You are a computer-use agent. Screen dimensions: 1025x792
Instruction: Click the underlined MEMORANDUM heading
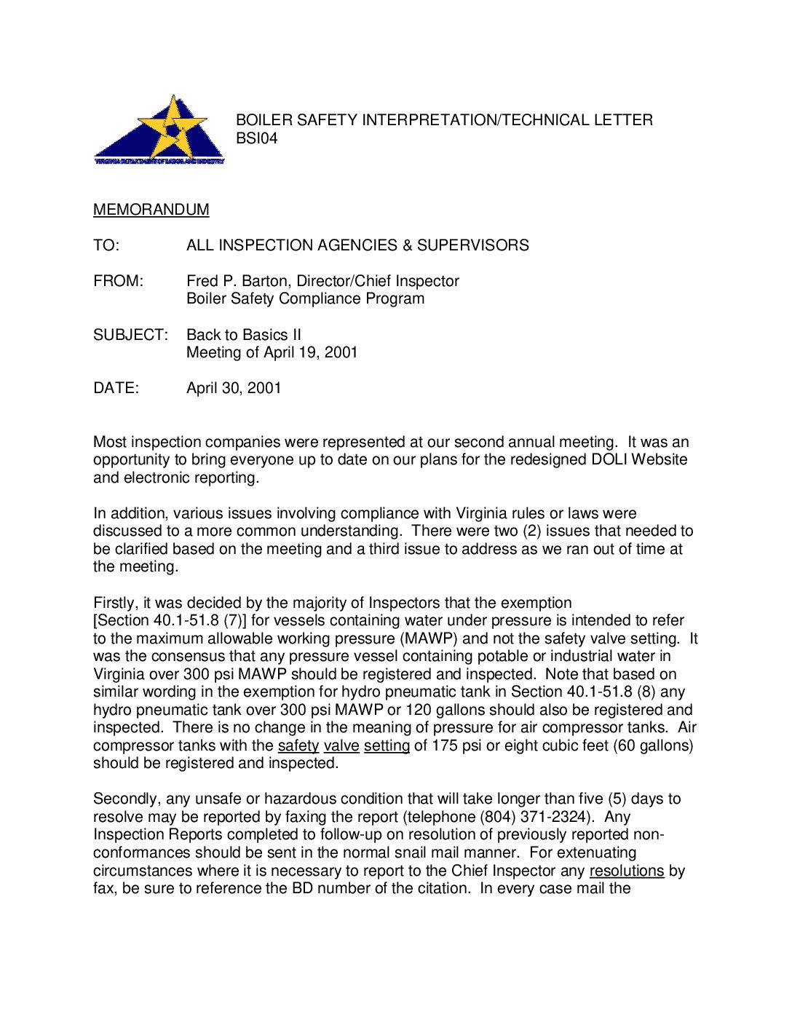click(x=151, y=210)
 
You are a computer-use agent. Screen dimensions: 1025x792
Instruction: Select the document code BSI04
click(x=256, y=138)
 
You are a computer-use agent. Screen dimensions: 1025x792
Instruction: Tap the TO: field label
click(x=106, y=245)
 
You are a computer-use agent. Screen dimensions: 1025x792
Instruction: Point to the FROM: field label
click(x=119, y=281)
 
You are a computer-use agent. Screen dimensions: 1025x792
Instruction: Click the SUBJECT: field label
click(x=130, y=335)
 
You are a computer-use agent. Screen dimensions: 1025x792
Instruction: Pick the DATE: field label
click(x=116, y=388)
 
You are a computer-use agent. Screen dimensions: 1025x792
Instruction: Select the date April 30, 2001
click(x=234, y=388)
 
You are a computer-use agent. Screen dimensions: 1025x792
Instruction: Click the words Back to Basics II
click(x=244, y=335)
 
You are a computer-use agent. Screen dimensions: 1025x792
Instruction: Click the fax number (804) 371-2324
click(x=536, y=817)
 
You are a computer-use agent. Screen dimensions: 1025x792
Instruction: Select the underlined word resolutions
click(x=627, y=871)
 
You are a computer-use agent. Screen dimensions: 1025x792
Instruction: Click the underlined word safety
click(x=298, y=745)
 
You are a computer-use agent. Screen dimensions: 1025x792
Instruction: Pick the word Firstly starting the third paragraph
click(x=114, y=603)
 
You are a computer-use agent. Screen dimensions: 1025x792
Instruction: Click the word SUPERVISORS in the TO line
click(x=473, y=245)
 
